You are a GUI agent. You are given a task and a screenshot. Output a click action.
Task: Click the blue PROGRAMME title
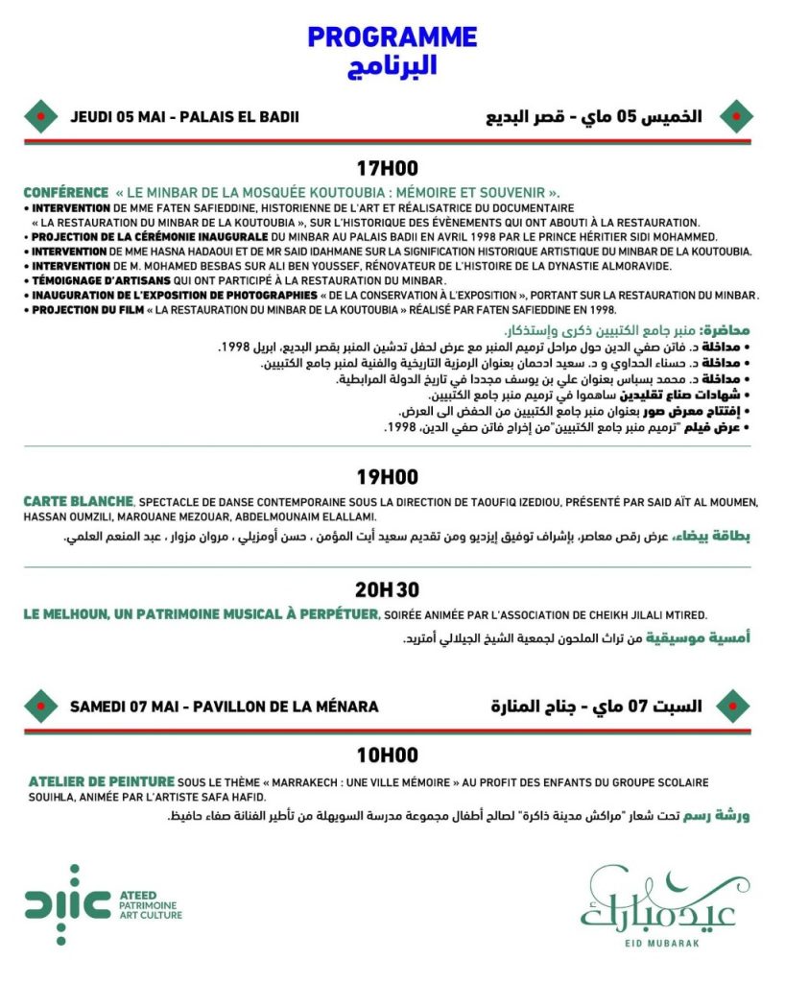(x=392, y=37)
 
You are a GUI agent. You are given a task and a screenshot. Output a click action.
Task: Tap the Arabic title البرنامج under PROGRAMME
(x=392, y=65)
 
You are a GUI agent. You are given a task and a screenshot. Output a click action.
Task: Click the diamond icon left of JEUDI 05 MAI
(x=39, y=117)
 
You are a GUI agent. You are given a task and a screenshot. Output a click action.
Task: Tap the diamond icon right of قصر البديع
(x=734, y=116)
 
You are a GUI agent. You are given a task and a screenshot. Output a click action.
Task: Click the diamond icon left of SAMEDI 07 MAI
(x=39, y=707)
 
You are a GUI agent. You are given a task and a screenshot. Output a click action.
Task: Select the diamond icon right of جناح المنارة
(x=734, y=706)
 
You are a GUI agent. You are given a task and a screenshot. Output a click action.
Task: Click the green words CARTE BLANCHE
(x=79, y=501)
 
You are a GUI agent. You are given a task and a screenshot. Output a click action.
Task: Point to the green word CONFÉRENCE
(x=66, y=192)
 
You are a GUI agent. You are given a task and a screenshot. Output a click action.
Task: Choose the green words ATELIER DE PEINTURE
(x=102, y=782)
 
